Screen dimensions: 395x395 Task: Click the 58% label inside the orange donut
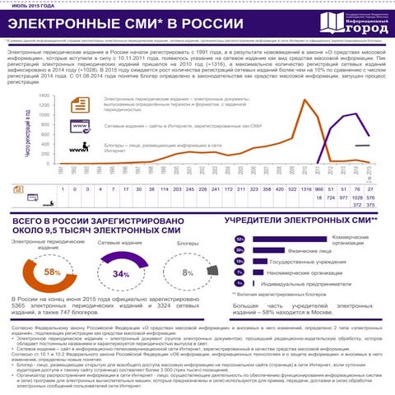click(52, 272)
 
